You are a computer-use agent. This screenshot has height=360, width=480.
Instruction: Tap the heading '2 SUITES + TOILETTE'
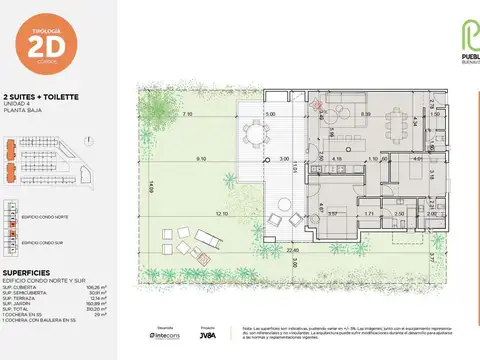[44, 98]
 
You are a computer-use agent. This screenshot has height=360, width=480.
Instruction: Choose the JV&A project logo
[206, 337]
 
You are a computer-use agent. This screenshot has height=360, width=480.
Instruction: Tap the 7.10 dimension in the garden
[187, 114]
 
